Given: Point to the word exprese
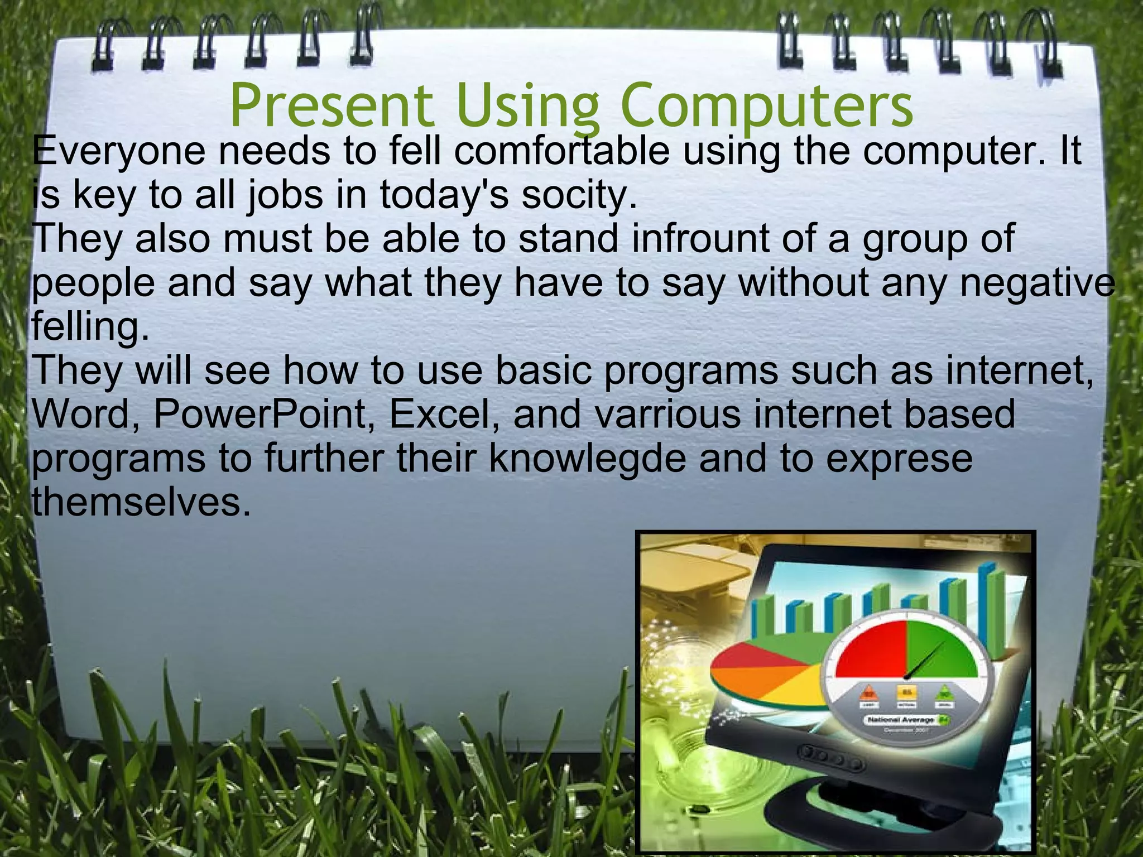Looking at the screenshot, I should pyautogui.click(x=899, y=458).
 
